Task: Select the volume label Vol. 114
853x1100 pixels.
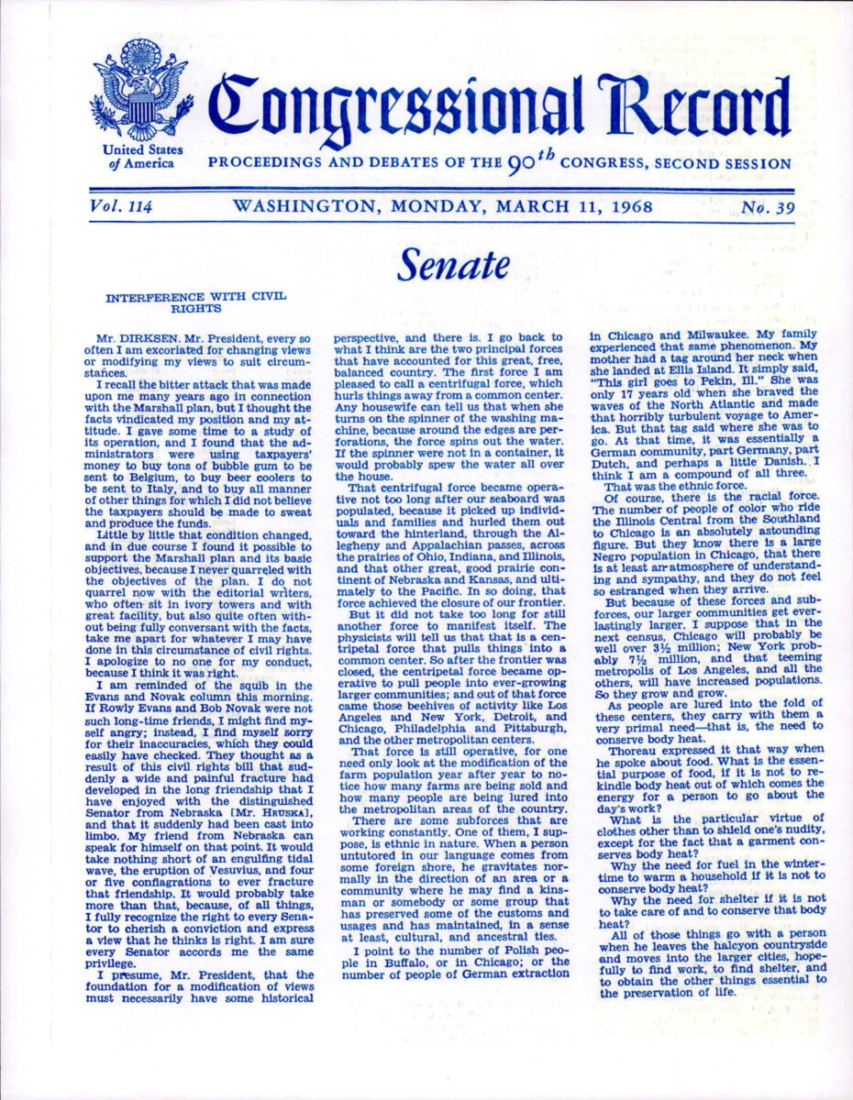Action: point(121,206)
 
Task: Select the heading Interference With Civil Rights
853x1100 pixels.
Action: point(196,303)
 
